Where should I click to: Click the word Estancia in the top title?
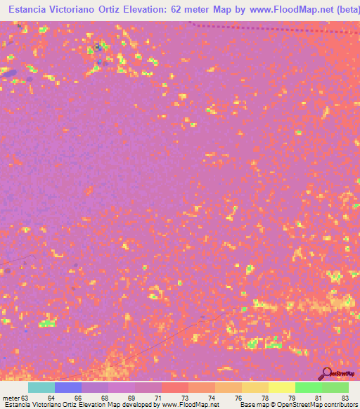pos(27,9)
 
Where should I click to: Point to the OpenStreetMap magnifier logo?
pos(326,374)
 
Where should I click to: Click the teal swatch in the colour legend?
pos(41,387)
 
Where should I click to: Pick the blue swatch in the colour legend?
pos(68,387)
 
